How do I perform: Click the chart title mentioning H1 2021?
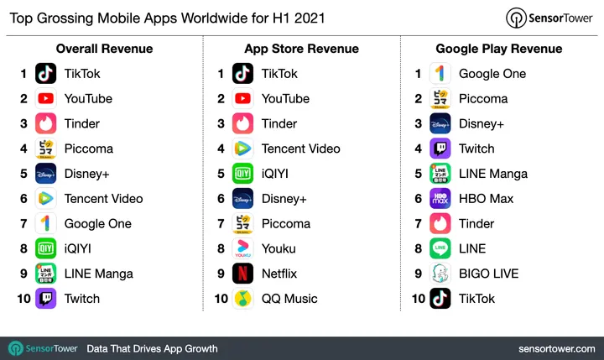166,17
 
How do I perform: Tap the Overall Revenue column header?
104,49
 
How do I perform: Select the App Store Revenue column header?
301,49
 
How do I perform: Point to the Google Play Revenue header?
498,49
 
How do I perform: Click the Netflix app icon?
243,274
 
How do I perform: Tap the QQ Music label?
289,299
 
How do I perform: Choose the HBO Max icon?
440,199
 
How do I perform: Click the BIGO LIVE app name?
488,274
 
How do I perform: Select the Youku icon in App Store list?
243,248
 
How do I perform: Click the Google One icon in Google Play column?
440,74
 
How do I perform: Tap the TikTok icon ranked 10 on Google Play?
440,299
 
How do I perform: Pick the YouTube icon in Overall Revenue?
46,99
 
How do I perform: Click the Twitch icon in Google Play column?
440,149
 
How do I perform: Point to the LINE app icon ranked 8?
440,248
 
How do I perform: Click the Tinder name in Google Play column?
476,224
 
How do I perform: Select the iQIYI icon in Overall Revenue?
46,248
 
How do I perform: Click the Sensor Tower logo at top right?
551,18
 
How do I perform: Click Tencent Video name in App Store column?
300,149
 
